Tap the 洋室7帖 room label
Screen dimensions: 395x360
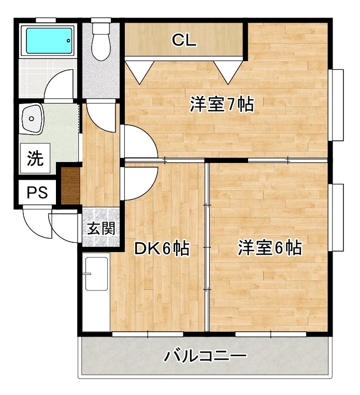(221, 105)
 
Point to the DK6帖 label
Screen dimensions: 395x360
(161, 249)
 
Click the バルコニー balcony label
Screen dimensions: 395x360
(205, 356)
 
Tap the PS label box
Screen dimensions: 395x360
(37, 193)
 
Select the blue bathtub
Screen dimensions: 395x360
(49, 39)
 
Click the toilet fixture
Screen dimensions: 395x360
(100, 41)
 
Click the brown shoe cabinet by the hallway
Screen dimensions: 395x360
(69, 185)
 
